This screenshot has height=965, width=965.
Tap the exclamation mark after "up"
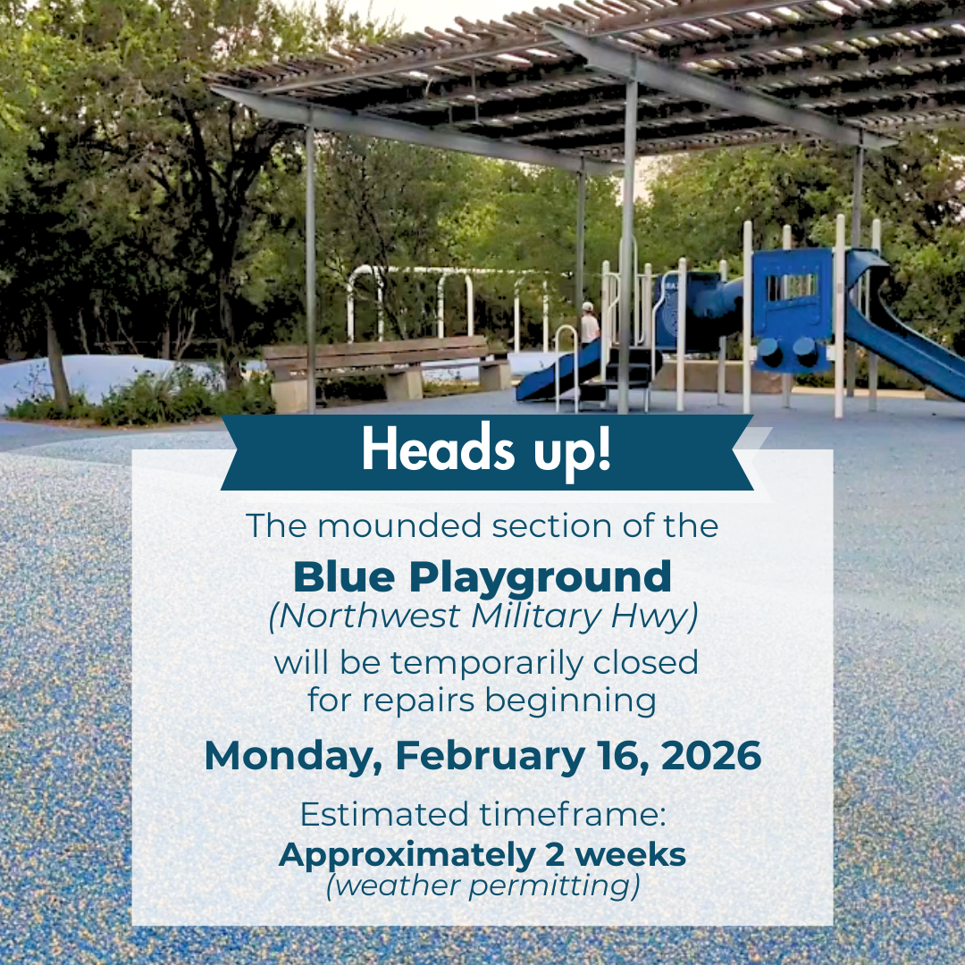(x=605, y=450)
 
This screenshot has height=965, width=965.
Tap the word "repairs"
(x=421, y=700)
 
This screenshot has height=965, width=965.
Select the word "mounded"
(x=385, y=525)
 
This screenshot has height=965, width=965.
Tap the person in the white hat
(x=588, y=323)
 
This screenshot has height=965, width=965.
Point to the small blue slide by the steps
(x=557, y=372)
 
